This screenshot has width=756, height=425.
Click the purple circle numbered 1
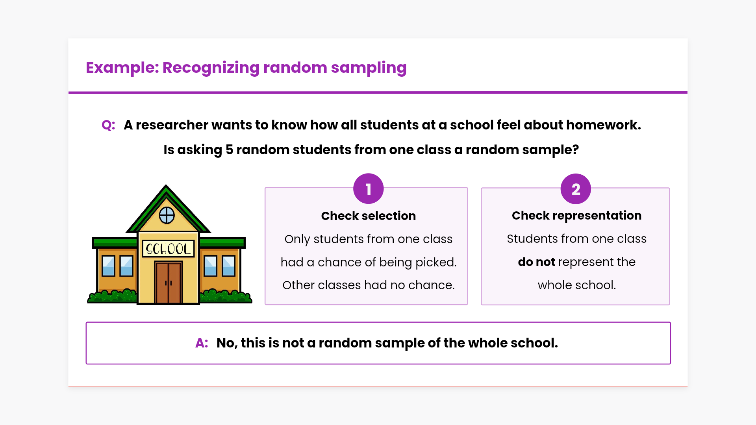[x=368, y=189]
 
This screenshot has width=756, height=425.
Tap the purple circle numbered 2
[x=576, y=189]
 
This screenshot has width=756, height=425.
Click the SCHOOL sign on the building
[x=168, y=249]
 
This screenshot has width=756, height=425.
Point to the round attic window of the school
[x=167, y=215]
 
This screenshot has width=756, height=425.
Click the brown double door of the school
[x=168, y=282]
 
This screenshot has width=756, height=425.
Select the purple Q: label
[x=108, y=125]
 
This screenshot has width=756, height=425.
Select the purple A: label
[x=202, y=343]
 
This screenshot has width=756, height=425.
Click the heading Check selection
[x=369, y=216]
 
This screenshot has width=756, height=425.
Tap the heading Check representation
[x=576, y=216]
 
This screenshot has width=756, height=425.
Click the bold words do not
[x=536, y=262]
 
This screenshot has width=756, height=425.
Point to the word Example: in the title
[x=122, y=68]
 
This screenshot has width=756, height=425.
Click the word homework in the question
[x=603, y=125]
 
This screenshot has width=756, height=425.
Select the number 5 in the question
[x=229, y=150]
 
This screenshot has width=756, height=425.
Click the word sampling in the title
[x=369, y=68]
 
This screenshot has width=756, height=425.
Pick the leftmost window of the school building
[x=108, y=266]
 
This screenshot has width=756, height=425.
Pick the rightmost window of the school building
[x=228, y=266]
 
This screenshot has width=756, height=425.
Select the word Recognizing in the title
[x=211, y=68]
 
